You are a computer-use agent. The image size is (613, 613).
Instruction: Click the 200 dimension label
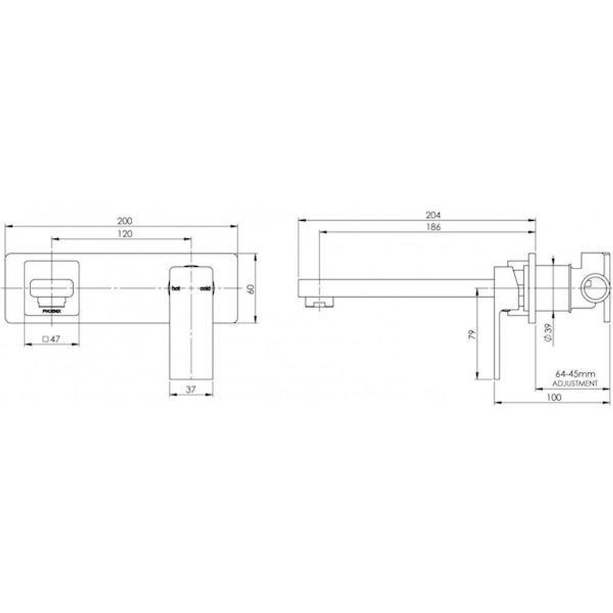(x=125, y=220)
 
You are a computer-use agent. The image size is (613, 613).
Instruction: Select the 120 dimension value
(x=125, y=234)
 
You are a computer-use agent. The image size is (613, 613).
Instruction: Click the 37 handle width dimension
(x=191, y=389)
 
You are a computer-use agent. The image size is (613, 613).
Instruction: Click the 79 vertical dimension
(x=471, y=334)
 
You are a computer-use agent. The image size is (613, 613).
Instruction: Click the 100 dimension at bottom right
(x=554, y=397)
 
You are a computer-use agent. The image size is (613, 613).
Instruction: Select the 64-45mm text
(x=574, y=374)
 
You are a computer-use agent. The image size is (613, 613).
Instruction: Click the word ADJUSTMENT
(x=574, y=384)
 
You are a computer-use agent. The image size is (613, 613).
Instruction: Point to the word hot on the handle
(x=177, y=289)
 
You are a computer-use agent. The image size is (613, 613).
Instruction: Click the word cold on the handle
(x=205, y=289)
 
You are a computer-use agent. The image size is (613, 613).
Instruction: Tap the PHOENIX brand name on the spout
(x=52, y=311)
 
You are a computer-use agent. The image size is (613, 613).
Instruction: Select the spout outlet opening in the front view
(x=52, y=287)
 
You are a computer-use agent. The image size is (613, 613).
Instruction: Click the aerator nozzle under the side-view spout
(x=317, y=302)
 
